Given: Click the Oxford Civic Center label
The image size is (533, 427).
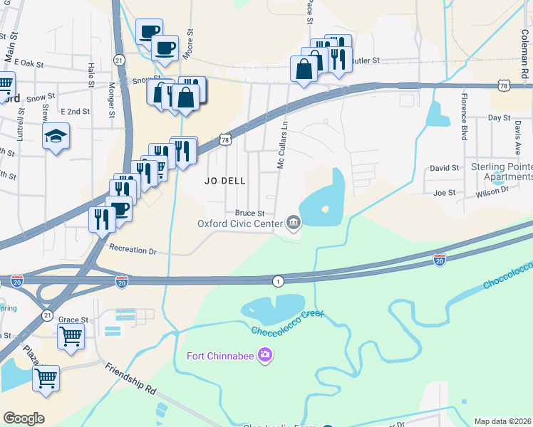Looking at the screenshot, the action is tap(239, 224).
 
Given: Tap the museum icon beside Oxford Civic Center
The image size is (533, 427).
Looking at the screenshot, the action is tap(293, 224).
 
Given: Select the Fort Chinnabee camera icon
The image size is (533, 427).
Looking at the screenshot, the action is tap(265, 354).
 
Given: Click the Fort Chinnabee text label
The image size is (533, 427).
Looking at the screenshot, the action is tap(220, 355).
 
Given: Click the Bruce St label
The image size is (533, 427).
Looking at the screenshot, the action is tap(249, 213).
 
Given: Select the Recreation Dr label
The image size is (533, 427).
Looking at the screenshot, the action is tap(133, 251).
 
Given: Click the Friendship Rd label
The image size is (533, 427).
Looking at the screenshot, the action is tap(130, 379).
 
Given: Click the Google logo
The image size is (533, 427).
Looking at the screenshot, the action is tap(24, 418).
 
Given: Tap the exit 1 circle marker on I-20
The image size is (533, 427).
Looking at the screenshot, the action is tap(277, 281).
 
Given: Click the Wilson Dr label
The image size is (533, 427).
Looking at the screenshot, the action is tap(492, 191).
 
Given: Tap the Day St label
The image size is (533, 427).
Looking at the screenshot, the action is tap(499, 117).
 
